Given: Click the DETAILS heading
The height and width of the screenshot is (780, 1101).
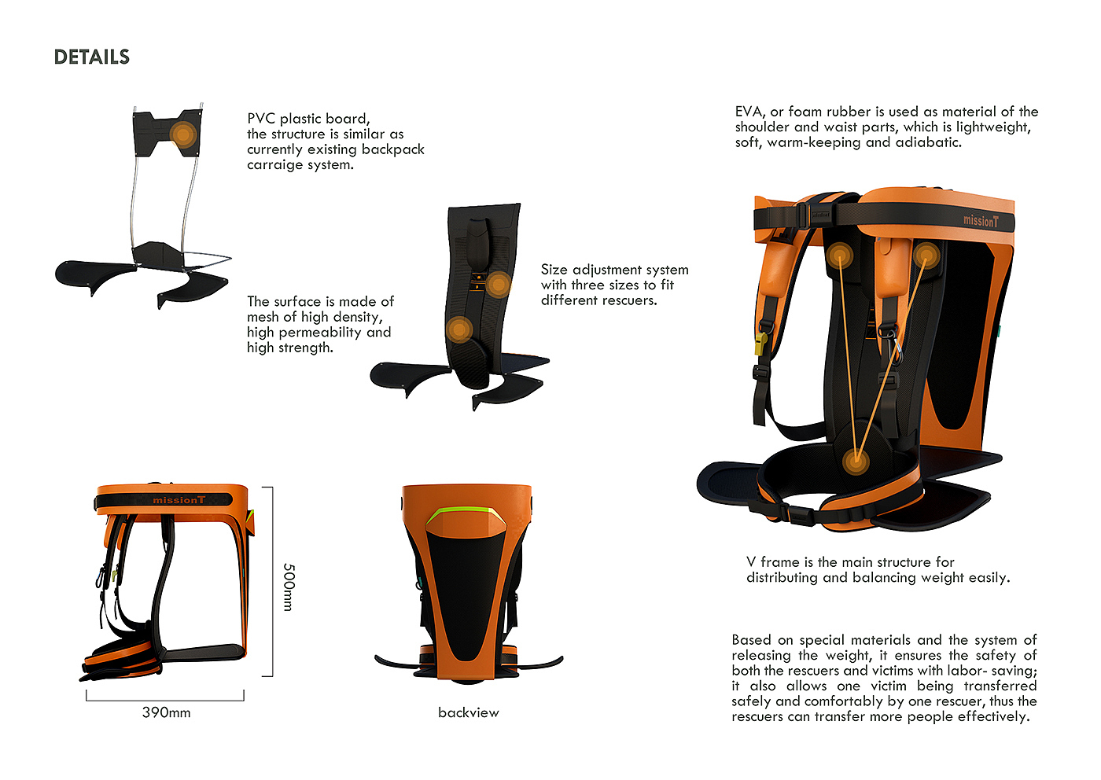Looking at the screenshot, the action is pos(91,57).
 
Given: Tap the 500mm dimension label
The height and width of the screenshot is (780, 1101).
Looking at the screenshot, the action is pos(289,587).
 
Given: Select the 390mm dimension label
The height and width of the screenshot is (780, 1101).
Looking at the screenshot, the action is pos(166,712).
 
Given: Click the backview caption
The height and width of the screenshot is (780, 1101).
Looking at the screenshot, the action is pos(468,712).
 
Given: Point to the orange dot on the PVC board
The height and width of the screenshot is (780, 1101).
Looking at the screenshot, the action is pos(182,134).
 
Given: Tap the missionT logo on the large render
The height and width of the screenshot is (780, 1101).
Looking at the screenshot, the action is pos(981,221).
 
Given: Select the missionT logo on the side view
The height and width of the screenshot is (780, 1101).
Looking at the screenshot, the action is pos(179,500).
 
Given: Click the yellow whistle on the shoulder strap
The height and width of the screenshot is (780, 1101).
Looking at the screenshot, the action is pos(760,343).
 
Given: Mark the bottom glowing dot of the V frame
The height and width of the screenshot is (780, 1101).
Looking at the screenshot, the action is pos(856,461).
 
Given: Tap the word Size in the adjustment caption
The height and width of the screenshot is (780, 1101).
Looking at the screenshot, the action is pos(554,270).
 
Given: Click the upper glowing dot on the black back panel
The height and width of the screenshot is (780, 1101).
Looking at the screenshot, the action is pos(498,284).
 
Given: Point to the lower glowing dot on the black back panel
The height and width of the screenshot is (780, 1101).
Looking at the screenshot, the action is pos(459,329).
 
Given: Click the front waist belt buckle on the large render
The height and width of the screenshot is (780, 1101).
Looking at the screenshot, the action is pos(800,515).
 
